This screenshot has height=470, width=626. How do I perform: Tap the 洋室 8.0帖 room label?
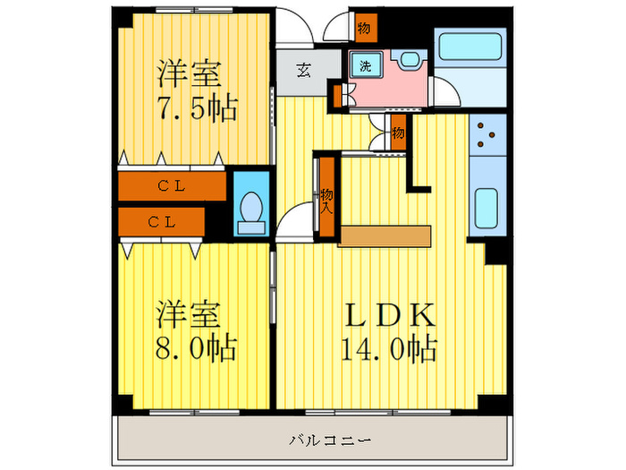pyautogui.click(x=198, y=330)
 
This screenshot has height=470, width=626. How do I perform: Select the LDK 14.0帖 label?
pyautogui.click(x=388, y=330)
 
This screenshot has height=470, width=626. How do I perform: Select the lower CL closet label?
pyautogui.click(x=161, y=219)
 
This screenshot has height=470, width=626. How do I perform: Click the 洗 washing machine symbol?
pyautogui.click(x=367, y=65)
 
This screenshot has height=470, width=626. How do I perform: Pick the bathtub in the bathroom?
pyautogui.click(x=469, y=46)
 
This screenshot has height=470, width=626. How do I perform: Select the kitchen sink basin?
pyautogui.click(x=486, y=208)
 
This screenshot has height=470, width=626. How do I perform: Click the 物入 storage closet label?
pyautogui.click(x=326, y=199)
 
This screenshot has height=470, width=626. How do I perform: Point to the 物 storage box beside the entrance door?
pyautogui.click(x=364, y=28)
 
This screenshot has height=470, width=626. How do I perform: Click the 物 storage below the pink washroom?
pyautogui.click(x=398, y=133)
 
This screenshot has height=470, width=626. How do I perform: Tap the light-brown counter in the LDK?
pyautogui.click(x=385, y=235)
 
